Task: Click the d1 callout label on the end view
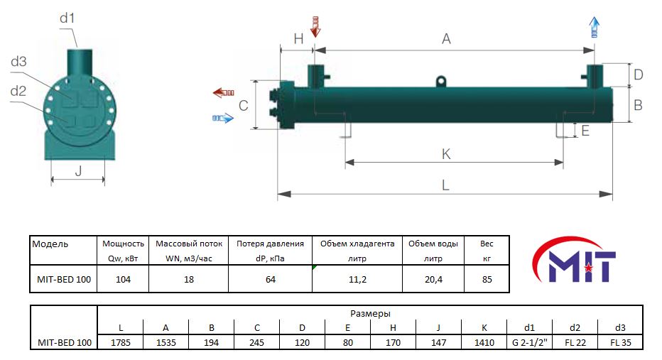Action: (x=67, y=18)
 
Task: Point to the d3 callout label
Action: (x=18, y=62)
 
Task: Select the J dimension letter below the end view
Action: (x=79, y=171)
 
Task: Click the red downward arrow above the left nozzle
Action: (x=315, y=27)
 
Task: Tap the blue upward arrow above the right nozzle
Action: (x=595, y=27)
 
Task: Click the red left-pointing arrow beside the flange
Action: (x=223, y=92)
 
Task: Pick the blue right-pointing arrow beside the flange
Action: (x=223, y=118)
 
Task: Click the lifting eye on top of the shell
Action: (x=441, y=81)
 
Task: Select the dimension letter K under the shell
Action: (x=446, y=154)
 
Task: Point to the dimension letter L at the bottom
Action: (x=445, y=185)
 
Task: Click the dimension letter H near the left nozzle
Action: (x=298, y=39)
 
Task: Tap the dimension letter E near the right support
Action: (x=585, y=131)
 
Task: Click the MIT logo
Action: (x=574, y=260)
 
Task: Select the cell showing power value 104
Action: (x=124, y=279)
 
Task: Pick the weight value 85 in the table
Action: (x=487, y=279)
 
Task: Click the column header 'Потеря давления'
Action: (x=270, y=244)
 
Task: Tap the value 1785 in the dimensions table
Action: (x=121, y=343)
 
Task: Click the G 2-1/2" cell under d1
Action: (x=529, y=343)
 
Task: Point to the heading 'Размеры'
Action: (x=370, y=314)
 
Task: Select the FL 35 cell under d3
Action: (x=621, y=343)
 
